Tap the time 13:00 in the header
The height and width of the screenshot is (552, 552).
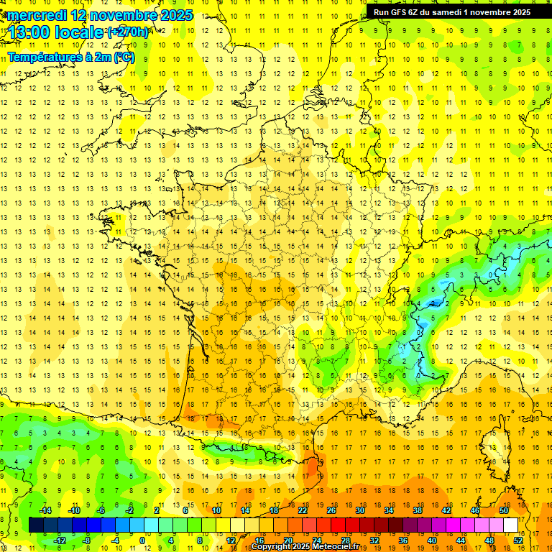pyautogui.click(x=31, y=32)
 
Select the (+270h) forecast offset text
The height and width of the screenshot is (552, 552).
pyautogui.click(x=129, y=32)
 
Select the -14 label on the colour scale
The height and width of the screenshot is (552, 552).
pyautogui.click(x=45, y=510)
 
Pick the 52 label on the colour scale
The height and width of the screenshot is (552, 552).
pyautogui.click(x=517, y=540)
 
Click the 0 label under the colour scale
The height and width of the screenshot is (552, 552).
pyautogui.click(x=142, y=540)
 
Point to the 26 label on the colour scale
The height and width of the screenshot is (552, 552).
pyautogui.click(x=331, y=510)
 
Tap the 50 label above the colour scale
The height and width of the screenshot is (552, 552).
pyautogui.click(x=503, y=510)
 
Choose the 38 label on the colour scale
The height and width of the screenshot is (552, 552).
pyautogui.click(x=417, y=510)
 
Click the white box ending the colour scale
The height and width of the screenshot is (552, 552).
pyautogui.click(x=510, y=525)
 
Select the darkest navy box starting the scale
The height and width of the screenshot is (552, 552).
pyautogui.click(x=36, y=525)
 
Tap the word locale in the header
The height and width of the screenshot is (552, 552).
pyautogui.click(x=83, y=32)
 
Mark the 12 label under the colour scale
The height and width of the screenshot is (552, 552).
pyautogui.click(x=231, y=540)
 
